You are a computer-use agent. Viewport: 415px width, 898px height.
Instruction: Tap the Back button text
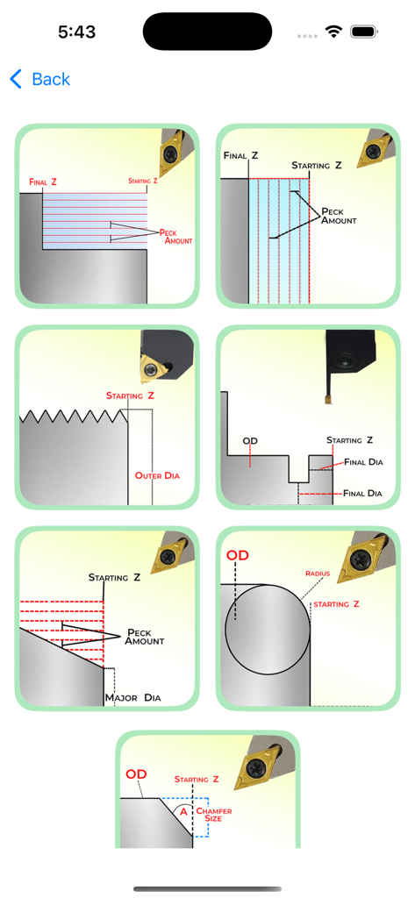51,79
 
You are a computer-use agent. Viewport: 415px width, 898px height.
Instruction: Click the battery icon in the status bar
363,32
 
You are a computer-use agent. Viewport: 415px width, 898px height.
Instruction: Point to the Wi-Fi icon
333,32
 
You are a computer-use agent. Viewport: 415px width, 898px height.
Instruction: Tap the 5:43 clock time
76,32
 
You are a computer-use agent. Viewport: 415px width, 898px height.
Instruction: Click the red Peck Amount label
175,236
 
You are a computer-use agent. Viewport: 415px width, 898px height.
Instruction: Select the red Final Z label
43,182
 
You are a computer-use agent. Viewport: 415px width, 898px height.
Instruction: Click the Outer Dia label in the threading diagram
157,475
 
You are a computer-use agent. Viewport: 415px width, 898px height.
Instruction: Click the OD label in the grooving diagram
250,441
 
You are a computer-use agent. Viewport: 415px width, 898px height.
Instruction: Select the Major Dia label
132,698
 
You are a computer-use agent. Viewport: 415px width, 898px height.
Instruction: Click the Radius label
318,574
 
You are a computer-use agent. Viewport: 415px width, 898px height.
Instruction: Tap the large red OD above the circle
238,556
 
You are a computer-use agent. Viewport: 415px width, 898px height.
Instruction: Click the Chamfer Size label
214,815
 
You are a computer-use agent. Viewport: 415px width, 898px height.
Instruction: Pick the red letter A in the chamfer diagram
183,811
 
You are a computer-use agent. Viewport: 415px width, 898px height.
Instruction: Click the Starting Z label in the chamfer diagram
197,779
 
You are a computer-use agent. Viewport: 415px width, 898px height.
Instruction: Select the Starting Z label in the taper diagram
114,578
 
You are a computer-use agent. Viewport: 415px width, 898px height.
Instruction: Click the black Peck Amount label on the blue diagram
339,216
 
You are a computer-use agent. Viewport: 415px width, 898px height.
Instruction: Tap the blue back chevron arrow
16,79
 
